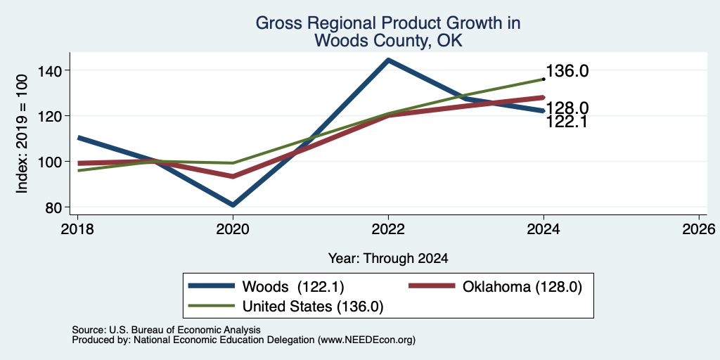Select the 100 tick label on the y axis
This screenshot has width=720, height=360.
51,162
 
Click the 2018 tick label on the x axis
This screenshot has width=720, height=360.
77,229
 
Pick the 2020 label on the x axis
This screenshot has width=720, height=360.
233,229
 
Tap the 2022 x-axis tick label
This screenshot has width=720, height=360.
388,229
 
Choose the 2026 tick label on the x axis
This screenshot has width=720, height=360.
699,229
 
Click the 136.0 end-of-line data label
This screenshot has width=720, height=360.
567,71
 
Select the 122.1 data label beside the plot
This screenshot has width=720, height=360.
567,122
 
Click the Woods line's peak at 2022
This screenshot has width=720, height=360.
388,60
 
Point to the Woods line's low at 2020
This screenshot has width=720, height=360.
233,205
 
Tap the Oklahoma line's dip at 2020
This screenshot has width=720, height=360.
233,176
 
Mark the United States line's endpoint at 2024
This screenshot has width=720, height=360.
544,79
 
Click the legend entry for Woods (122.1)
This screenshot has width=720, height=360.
266,287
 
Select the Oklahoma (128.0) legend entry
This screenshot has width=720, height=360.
496,287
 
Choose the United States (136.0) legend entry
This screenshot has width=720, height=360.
286,307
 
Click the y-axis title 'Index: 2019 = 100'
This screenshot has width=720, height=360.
22,134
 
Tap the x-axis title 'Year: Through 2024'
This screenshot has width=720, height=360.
388,259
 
